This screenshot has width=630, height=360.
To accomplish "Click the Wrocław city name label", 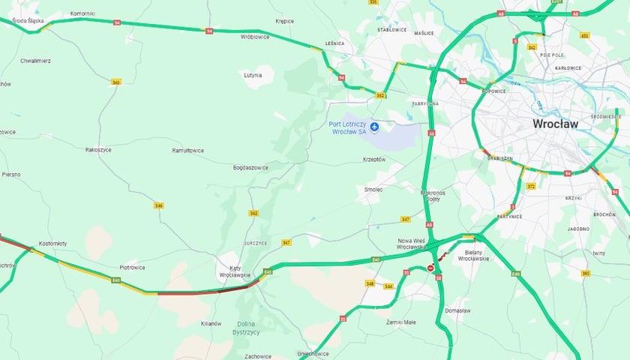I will pyautogui.click(x=555, y=124).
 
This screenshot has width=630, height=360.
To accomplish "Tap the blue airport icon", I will pyautogui.click(x=374, y=126).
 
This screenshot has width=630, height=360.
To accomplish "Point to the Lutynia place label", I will pyautogui.click(x=253, y=75).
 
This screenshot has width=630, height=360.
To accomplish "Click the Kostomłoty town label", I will pyautogui.click(x=52, y=243).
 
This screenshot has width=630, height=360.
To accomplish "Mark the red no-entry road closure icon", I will pyautogui.click(x=430, y=267).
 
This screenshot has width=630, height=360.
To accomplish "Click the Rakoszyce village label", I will pyautogui.click(x=98, y=149).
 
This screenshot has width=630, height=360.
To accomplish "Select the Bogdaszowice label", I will pyautogui.click(x=250, y=167).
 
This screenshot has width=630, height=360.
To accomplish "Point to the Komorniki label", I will pyautogui.click(x=82, y=13).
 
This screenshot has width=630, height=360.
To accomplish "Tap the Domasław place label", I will pyautogui.click(x=457, y=310).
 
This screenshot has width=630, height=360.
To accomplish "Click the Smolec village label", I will pyautogui.click(x=373, y=189).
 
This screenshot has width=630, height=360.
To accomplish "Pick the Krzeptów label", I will pyautogui.click(x=373, y=159).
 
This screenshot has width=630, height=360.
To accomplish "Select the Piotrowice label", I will pyautogui.click(x=132, y=267).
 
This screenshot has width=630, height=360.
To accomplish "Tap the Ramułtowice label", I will pyautogui.click(x=187, y=150).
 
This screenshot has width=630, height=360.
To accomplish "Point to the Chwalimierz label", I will pyautogui.click(x=35, y=60).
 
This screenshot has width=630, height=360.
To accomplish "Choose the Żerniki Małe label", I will pyautogui.click(x=400, y=322).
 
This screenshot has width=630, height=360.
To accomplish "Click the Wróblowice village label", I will pyautogui.click(x=254, y=36).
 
